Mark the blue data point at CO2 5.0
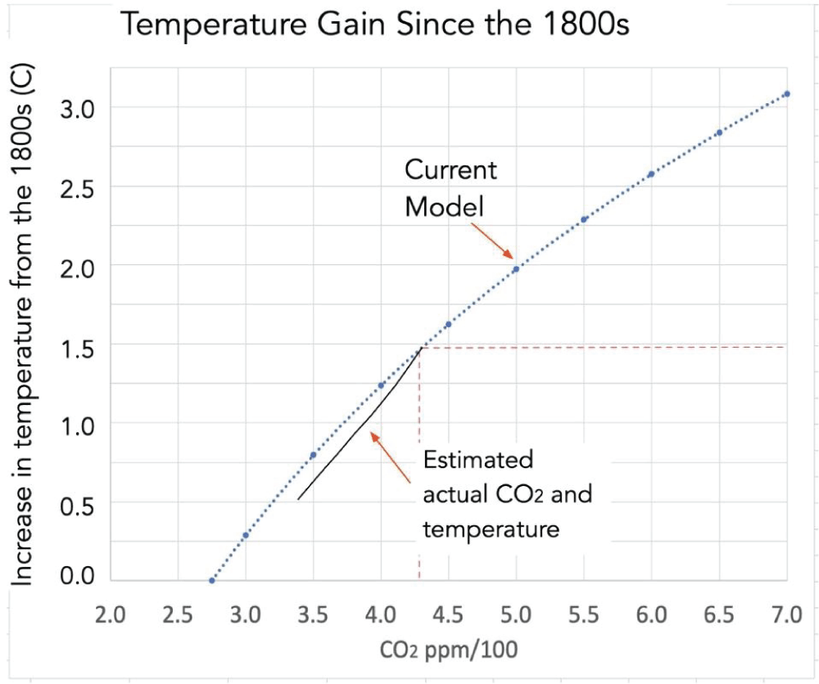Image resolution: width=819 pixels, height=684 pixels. pyautogui.click(x=516, y=268)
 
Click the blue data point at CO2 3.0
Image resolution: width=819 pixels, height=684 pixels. pyautogui.click(x=246, y=535)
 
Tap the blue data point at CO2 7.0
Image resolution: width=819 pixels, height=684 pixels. pyautogui.click(x=786, y=94)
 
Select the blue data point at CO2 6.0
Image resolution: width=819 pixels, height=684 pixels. pyautogui.click(x=651, y=174)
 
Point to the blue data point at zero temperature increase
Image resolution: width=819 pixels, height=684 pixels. pyautogui.click(x=212, y=581)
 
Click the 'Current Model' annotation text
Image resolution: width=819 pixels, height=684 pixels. pyautogui.click(x=451, y=188)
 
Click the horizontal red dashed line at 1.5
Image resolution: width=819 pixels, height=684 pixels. pyautogui.click(x=606, y=348)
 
